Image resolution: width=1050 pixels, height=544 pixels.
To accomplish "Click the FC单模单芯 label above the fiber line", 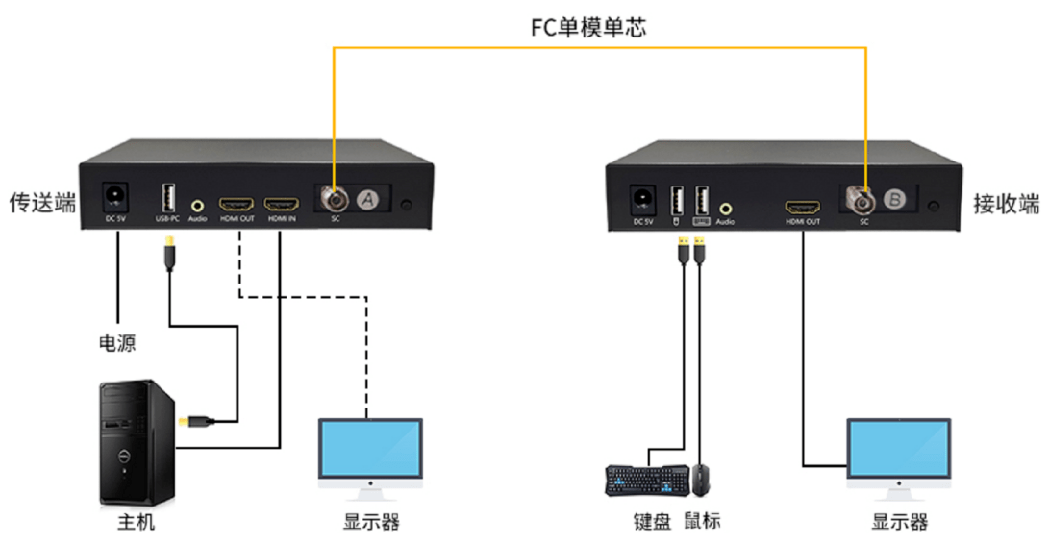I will (588, 27).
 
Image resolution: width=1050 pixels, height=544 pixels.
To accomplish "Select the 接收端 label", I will (1007, 204).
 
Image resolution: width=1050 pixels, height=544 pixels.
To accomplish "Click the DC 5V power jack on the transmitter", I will (117, 199).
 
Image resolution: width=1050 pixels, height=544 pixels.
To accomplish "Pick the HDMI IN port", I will (281, 206).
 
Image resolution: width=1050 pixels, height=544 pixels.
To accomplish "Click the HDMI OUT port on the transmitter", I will (236, 206).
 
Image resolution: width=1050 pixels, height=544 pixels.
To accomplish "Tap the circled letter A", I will (365, 199).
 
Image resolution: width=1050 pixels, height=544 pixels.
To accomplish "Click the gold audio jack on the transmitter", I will (198, 205).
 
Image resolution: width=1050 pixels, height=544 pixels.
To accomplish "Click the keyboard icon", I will (646, 480).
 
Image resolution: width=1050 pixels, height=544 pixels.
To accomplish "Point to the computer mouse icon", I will (702, 479).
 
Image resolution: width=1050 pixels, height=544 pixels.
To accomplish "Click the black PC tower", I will (137, 442).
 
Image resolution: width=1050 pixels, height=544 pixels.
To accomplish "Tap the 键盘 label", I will (649, 521).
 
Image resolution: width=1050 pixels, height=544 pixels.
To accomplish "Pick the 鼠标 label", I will (702, 521).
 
